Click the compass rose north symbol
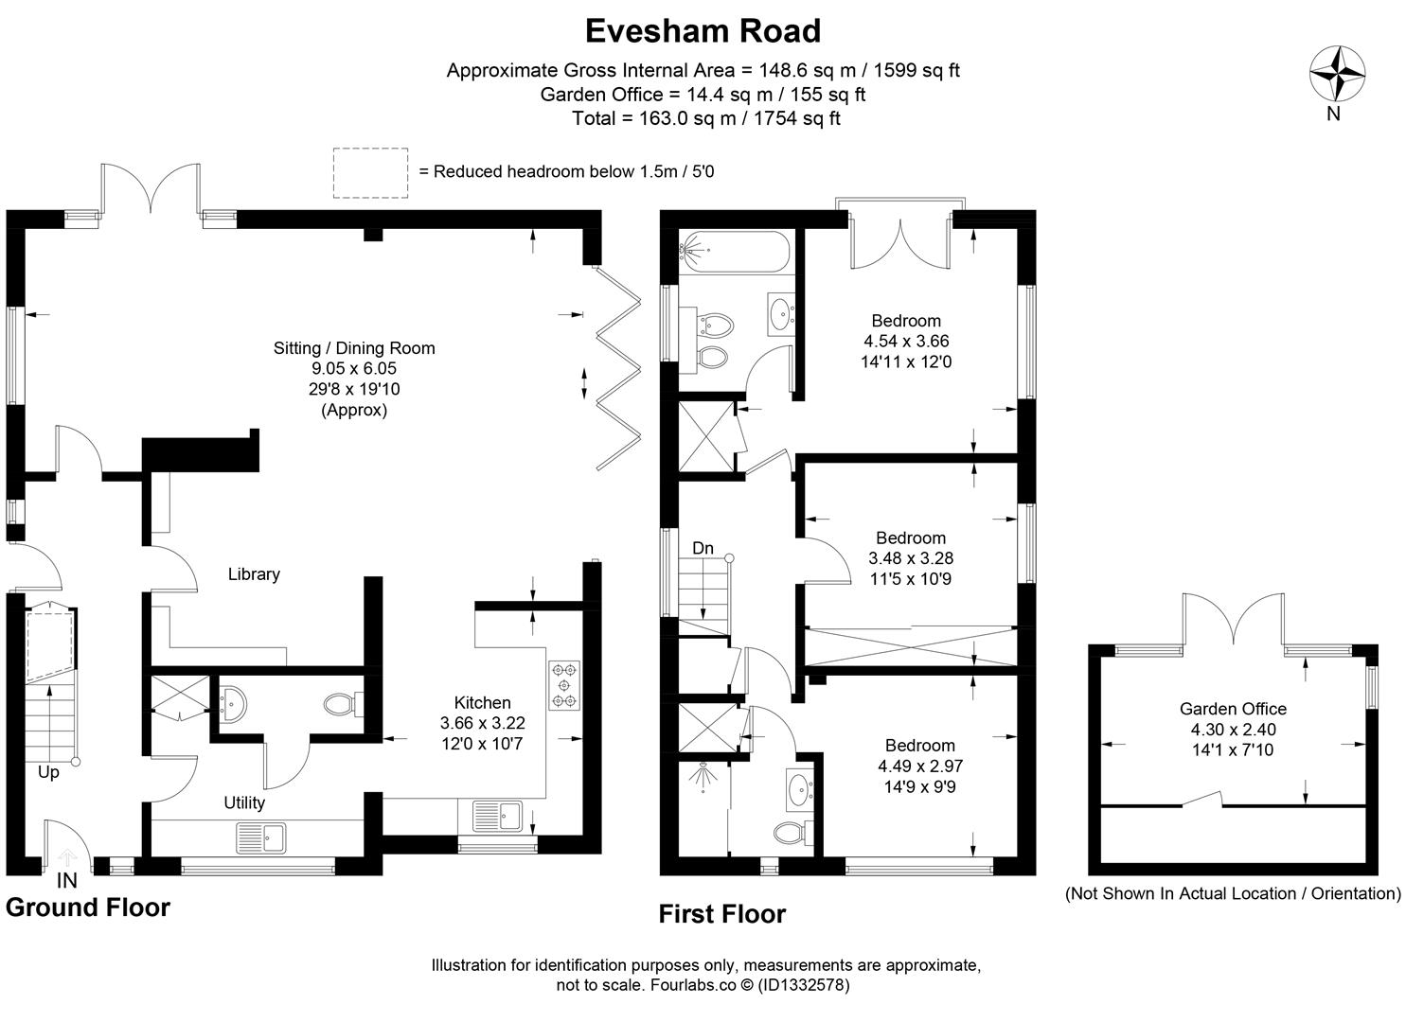(x=1338, y=73)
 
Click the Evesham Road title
(x=703, y=30)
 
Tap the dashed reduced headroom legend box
(x=370, y=172)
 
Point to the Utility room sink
(x=261, y=838)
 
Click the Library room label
(x=254, y=574)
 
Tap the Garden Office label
(x=1233, y=709)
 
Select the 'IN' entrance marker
(x=66, y=881)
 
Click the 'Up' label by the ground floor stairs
(x=48, y=772)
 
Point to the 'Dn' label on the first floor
(x=703, y=548)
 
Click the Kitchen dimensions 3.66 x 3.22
(x=482, y=723)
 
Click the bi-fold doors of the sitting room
(x=617, y=368)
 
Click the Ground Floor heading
(x=88, y=907)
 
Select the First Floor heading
(x=721, y=914)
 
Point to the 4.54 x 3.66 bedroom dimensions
(x=906, y=342)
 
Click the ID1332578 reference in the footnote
(x=804, y=985)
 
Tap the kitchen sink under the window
(x=497, y=817)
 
